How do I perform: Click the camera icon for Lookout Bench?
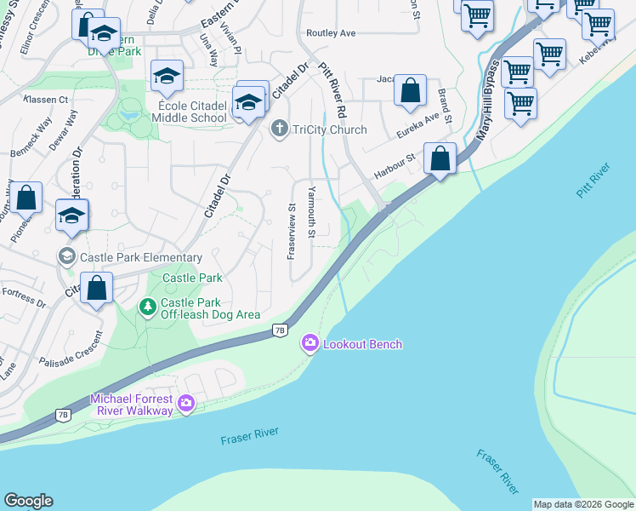(310, 344)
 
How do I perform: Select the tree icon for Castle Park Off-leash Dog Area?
(148, 307)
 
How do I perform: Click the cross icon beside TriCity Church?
(278, 129)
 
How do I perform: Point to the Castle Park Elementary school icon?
(66, 256)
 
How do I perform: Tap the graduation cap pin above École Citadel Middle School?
(167, 77)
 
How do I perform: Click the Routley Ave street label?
(332, 33)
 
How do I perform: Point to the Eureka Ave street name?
(417, 128)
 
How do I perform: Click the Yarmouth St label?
(312, 212)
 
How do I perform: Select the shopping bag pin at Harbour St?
(440, 159)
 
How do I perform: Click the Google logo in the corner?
(28, 501)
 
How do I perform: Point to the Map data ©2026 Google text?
(583, 504)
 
